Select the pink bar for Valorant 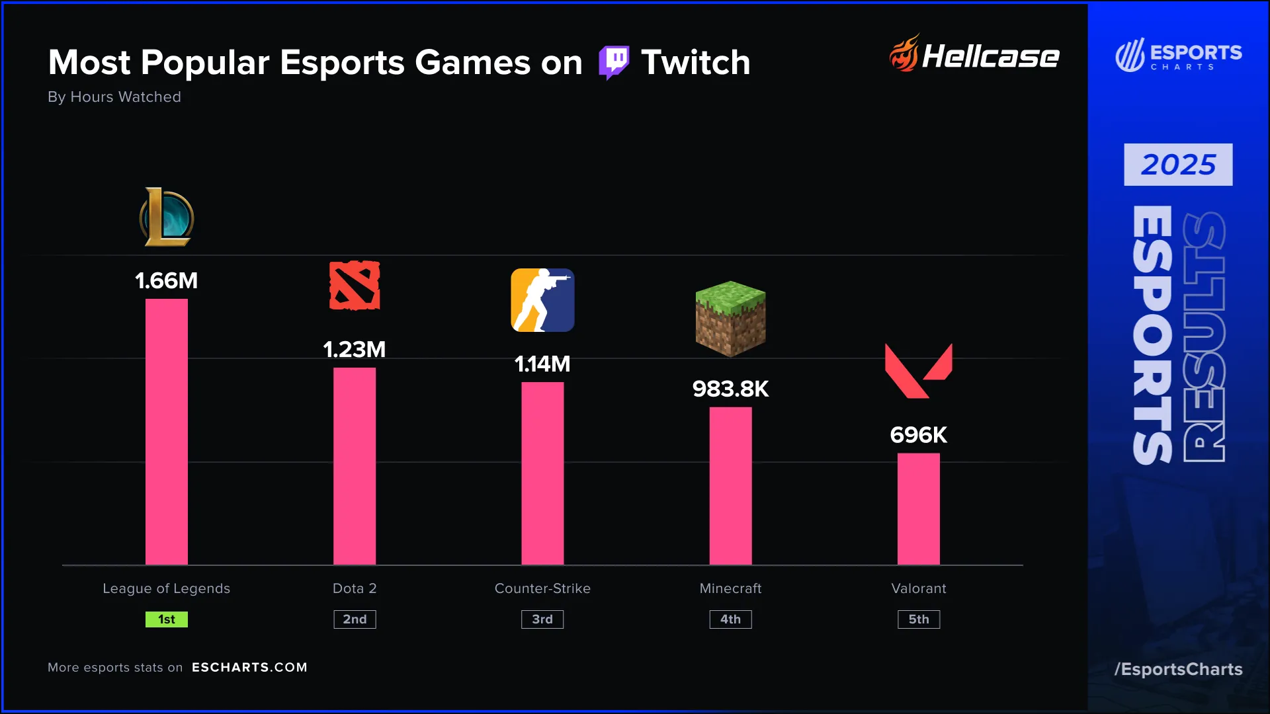918,508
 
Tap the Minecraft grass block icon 730,319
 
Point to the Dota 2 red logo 355,286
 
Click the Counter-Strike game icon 542,300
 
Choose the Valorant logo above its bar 918,370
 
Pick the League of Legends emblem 167,217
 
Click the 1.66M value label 167,280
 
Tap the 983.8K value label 730,389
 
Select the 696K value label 918,435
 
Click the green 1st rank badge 167,619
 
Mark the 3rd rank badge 542,619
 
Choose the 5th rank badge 918,619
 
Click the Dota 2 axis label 355,588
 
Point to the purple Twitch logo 614,63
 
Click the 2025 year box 1178,165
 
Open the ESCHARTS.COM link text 249,668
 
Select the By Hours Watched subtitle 114,97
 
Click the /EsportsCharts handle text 1178,669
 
